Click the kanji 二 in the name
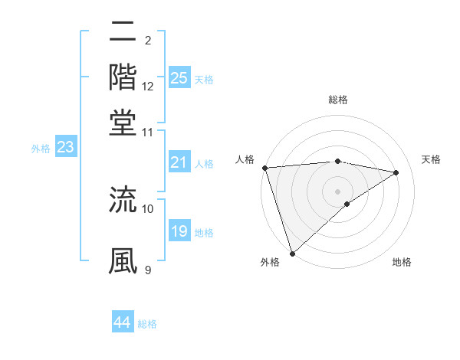pos(123,33)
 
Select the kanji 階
pos(123,77)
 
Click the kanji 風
pos(123,260)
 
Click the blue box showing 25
pos(179,78)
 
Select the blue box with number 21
pos(179,162)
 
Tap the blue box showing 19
pos(179,231)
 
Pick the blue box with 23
pos(65,148)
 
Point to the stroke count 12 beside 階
pos(148,87)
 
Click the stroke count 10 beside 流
pos(148,208)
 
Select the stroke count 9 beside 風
pos(147,269)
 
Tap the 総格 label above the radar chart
pos(337,100)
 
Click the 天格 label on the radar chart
pos(431,159)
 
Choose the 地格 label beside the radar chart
pos(402,262)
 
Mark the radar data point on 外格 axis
pos(292,253)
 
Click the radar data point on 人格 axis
pos(264,168)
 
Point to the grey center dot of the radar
pos(337,191)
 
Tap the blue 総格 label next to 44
pos(147,324)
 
